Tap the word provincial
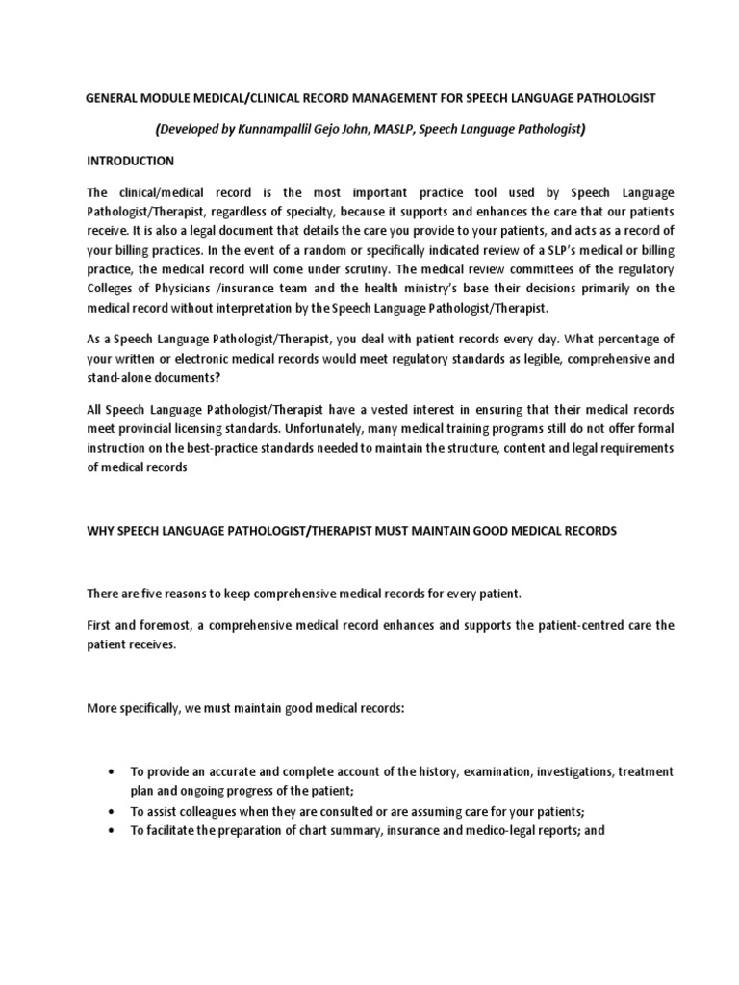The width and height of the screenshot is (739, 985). tap(152, 429)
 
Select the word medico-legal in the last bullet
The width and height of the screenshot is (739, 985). tap(464, 830)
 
